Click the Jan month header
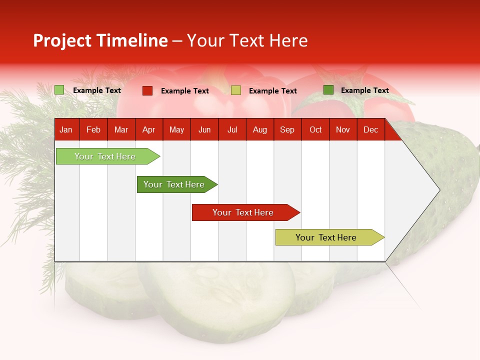click(66, 130)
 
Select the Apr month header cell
click(149, 130)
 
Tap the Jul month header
click(232, 130)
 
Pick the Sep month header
click(287, 130)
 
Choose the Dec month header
click(370, 130)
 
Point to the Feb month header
click(93, 130)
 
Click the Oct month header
click(315, 130)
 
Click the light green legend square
click(59, 90)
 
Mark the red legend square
click(147, 90)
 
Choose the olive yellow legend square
click(236, 90)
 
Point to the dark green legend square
click(328, 90)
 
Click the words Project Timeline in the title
click(100, 40)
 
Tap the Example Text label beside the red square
click(185, 91)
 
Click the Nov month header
click(343, 130)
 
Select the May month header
click(176, 130)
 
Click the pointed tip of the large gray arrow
click(438, 190)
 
